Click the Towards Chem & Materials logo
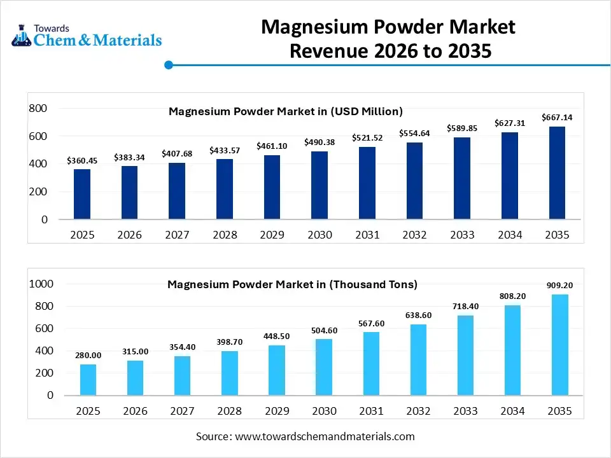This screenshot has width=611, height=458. [87, 36]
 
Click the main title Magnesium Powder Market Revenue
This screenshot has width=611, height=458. [388, 38]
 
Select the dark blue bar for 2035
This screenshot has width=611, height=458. [557, 172]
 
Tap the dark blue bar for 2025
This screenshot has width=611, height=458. [82, 194]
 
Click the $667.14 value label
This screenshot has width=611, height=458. [557, 117]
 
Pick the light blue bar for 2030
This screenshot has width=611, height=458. [323, 367]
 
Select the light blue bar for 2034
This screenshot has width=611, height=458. [512, 350]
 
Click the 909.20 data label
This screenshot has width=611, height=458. [560, 286]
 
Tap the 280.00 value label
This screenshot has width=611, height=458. [88, 355]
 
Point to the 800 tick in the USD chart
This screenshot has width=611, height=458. [39, 109]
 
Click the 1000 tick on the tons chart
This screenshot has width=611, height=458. [41, 284]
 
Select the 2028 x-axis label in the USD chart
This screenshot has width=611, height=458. [225, 235]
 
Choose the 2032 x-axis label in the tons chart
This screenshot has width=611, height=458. [418, 411]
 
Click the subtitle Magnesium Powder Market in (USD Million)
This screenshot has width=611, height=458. [285, 111]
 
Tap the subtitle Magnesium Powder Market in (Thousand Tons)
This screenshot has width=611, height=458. [292, 284]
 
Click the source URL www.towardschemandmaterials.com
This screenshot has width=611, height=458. [325, 436]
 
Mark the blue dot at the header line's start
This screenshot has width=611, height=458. [169, 64]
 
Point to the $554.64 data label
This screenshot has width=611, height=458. [414, 133]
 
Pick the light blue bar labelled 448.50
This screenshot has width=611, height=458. [276, 370]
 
